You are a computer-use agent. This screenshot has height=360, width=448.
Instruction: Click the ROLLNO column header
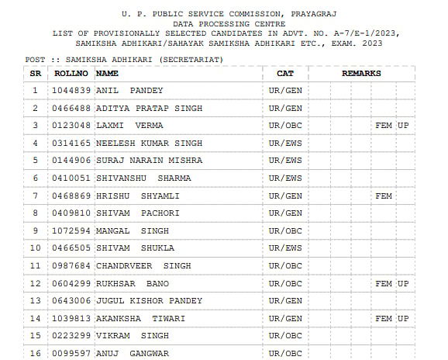click(x=71, y=73)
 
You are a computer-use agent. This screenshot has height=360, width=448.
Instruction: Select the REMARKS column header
click(x=361, y=73)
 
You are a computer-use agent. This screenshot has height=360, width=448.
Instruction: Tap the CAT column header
click(x=285, y=73)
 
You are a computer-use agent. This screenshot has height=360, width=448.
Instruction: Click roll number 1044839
click(x=71, y=91)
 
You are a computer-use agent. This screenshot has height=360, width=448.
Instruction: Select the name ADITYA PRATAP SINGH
click(x=149, y=108)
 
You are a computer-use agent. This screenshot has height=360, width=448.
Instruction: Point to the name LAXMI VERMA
click(x=129, y=126)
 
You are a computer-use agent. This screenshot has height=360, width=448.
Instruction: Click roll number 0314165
click(x=71, y=144)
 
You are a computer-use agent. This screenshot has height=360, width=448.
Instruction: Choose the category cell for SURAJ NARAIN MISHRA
click(x=285, y=161)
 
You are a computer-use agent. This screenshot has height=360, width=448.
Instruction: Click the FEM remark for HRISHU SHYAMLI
click(x=384, y=196)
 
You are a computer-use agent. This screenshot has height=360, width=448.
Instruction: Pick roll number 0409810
click(x=71, y=213)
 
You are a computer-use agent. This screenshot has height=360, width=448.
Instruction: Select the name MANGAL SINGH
click(x=132, y=231)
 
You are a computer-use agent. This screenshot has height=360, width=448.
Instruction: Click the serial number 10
click(x=35, y=248)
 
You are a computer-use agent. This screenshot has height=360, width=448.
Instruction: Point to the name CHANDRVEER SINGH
click(x=143, y=266)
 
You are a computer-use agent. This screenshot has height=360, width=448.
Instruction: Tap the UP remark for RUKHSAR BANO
click(x=403, y=284)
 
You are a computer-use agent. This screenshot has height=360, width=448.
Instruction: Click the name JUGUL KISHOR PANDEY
click(x=149, y=301)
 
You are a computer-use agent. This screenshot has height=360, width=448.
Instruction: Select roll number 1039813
click(x=71, y=319)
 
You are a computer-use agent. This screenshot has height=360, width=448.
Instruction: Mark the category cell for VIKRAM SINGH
click(x=285, y=336)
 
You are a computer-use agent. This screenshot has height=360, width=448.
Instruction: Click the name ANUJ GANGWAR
click(x=132, y=354)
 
